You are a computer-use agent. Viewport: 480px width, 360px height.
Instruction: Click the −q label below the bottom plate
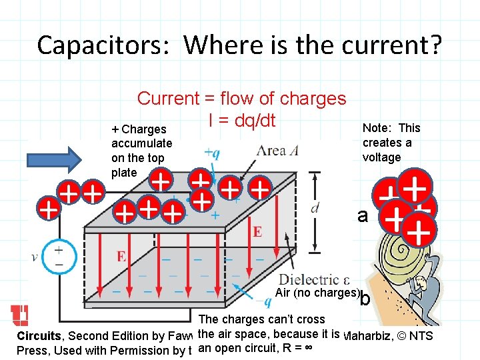[248, 302]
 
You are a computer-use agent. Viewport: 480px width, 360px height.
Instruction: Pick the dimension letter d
[315, 207]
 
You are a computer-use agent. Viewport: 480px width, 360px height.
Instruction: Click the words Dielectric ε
[314, 279]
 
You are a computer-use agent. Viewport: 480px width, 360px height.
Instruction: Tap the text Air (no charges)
[317, 293]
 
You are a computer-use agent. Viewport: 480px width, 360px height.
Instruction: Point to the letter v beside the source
[35, 257]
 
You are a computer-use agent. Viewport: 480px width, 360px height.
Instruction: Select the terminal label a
[363, 216]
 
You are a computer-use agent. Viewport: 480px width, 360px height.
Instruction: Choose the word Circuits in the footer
[39, 336]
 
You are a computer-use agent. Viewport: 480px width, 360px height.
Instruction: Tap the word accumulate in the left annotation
[141, 143]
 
